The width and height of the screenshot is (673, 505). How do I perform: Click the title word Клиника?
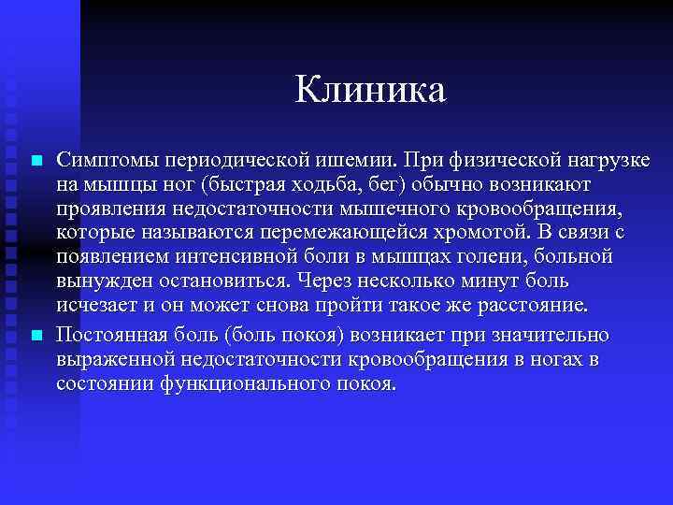371,90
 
